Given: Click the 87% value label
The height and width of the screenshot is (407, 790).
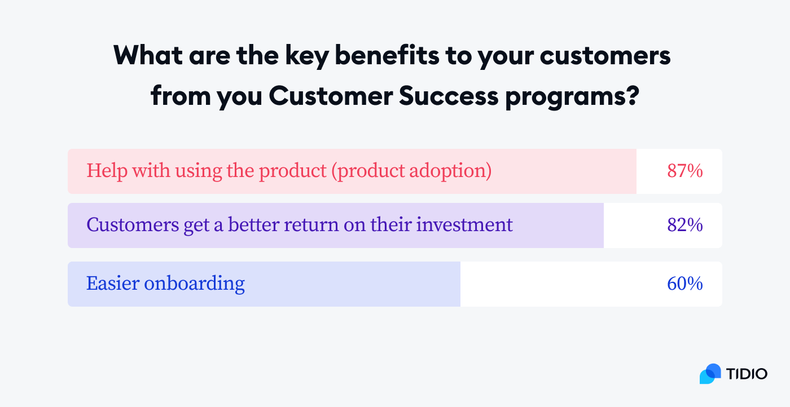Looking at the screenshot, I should pyautogui.click(x=684, y=171).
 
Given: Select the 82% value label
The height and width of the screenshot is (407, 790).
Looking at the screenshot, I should pyautogui.click(x=684, y=225).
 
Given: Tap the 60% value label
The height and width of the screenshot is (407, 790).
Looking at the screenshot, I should pyautogui.click(x=684, y=284).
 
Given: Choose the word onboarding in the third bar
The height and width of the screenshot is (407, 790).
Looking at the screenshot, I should pyautogui.click(x=194, y=284).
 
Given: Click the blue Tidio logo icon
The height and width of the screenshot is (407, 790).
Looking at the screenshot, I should pyautogui.click(x=710, y=374).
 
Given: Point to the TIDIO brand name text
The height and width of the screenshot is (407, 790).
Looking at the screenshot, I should pyautogui.click(x=747, y=374).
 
